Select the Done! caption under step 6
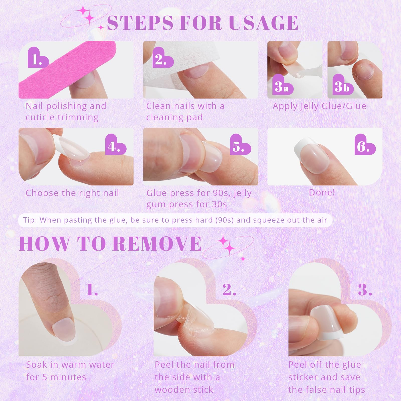click(x=322, y=192)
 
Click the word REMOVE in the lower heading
click(x=157, y=244)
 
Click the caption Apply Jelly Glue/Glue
click(x=319, y=106)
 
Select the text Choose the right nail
click(x=72, y=193)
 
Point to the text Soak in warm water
click(x=70, y=365)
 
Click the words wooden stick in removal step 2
click(x=184, y=390)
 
